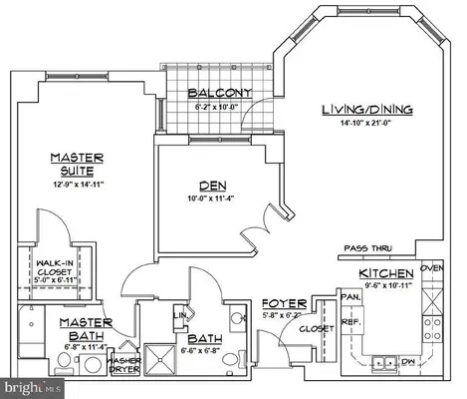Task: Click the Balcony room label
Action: click(220, 95)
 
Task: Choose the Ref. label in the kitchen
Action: click(350, 321)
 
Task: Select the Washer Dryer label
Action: click(124, 364)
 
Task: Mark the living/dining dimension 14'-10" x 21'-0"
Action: click(366, 124)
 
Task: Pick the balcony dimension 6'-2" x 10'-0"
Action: click(220, 107)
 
